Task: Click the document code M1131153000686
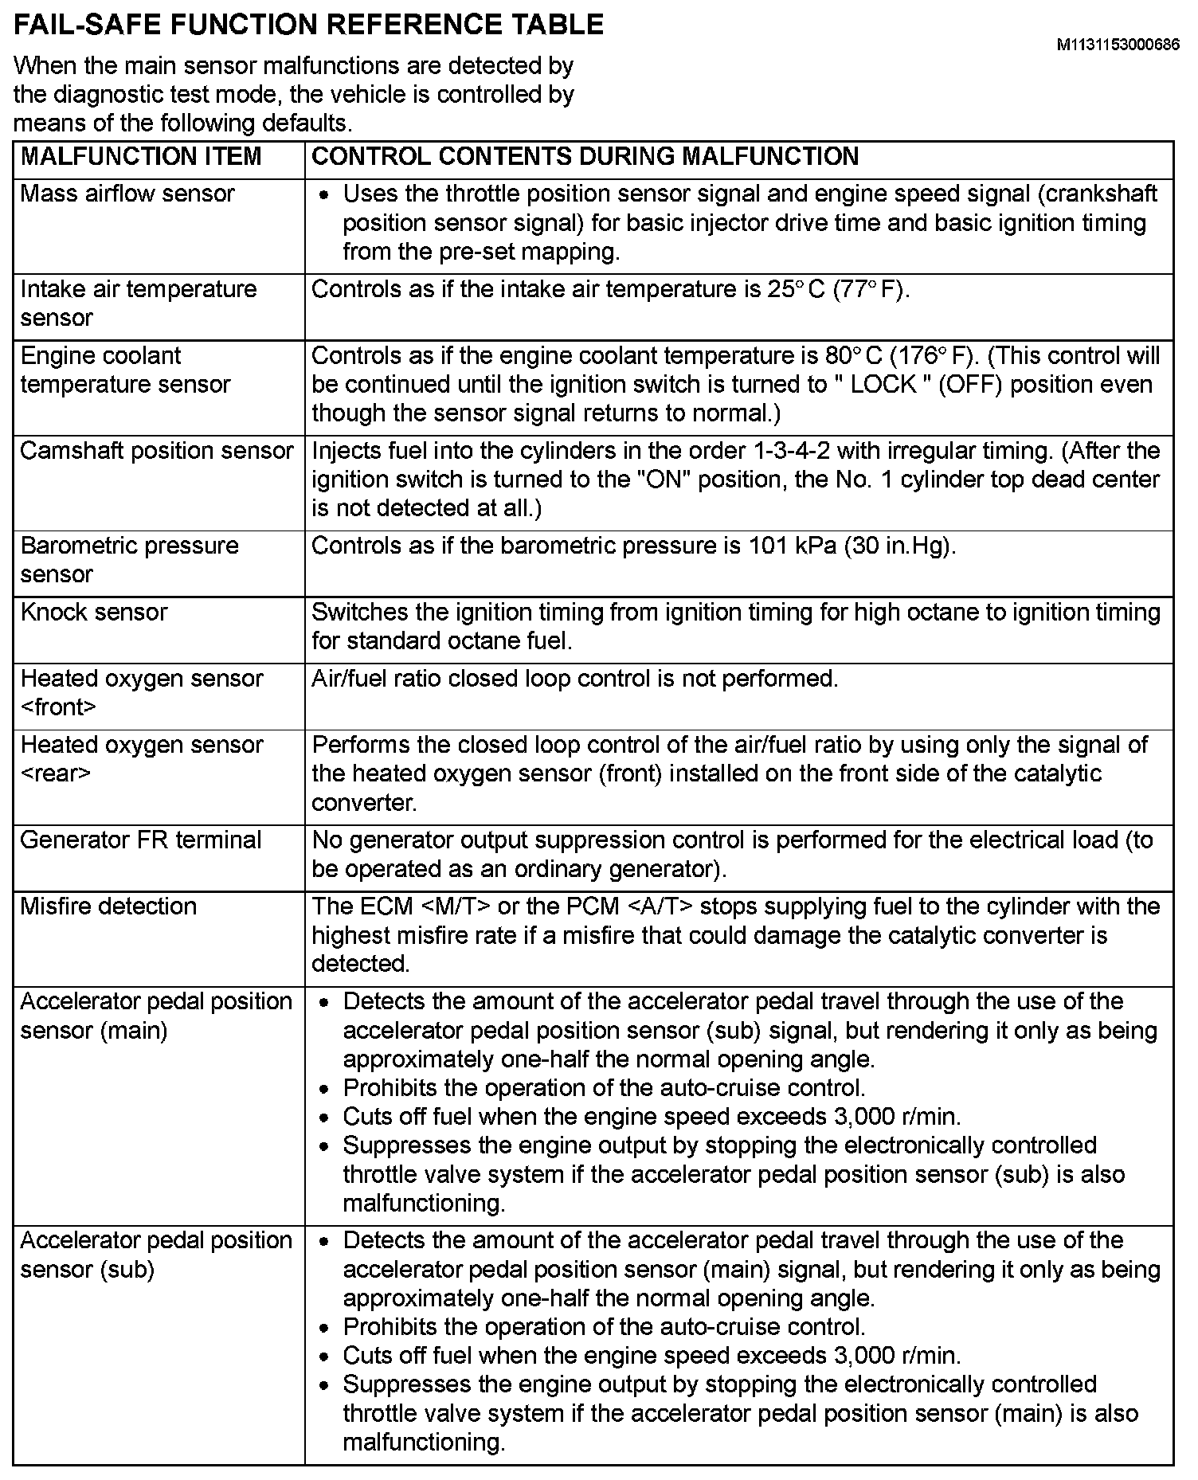(x=1118, y=45)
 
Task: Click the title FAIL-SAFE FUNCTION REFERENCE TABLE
(x=309, y=25)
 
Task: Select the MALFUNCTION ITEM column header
(x=141, y=156)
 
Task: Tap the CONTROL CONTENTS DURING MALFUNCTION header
(x=585, y=156)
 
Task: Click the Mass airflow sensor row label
(x=127, y=194)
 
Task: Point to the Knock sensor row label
(x=94, y=612)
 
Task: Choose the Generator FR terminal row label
(x=141, y=840)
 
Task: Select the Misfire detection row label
(x=108, y=906)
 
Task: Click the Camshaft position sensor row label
(x=157, y=451)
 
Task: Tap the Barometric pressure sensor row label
(x=129, y=559)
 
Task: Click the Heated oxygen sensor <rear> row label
(x=141, y=758)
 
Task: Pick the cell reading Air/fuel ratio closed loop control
(x=574, y=679)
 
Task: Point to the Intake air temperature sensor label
(x=138, y=303)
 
